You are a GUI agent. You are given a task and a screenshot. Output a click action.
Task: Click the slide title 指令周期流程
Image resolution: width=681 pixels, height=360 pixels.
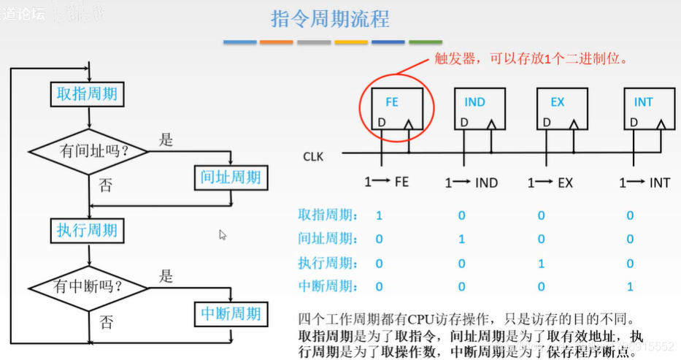(x=330, y=19)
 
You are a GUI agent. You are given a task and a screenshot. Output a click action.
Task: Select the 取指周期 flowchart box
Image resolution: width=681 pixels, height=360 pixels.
(x=88, y=94)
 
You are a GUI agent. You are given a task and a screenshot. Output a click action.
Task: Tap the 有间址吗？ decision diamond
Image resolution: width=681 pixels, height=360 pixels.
(x=88, y=151)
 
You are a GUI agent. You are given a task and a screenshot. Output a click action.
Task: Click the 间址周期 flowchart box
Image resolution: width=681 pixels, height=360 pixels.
(x=231, y=177)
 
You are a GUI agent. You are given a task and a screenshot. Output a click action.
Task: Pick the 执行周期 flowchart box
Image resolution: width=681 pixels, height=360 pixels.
(x=88, y=231)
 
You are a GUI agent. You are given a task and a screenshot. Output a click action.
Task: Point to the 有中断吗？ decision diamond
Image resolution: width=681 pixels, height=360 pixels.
(x=88, y=287)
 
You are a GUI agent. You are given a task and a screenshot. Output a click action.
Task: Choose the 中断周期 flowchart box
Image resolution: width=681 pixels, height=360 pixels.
(x=231, y=313)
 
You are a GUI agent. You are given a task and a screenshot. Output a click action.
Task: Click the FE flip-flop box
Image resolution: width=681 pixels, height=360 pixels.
(x=396, y=110)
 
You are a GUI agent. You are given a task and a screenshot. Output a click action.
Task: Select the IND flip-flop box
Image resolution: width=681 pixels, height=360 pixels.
(x=479, y=110)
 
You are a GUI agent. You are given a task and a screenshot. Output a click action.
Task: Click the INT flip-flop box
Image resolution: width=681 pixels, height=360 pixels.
(x=648, y=110)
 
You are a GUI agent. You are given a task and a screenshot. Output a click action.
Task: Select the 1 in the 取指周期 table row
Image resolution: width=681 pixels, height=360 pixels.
(x=379, y=215)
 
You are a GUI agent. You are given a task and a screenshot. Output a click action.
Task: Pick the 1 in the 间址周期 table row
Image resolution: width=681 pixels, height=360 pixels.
(x=461, y=239)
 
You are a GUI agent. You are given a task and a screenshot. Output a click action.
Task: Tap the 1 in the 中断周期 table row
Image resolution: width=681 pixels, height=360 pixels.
(x=631, y=287)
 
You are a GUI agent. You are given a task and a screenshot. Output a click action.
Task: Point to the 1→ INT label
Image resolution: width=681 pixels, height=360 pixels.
(x=645, y=183)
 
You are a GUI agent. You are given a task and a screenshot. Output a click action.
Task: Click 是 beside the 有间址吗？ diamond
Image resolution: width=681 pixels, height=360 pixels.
(x=166, y=139)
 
